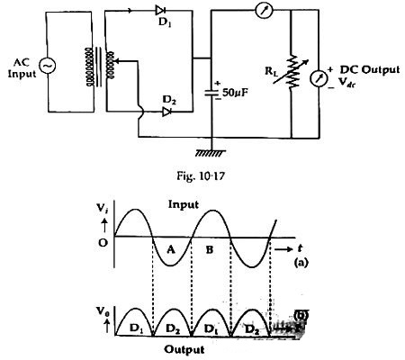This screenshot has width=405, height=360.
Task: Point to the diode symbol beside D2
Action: point(168,112)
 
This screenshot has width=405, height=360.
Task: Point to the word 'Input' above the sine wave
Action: point(184,205)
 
